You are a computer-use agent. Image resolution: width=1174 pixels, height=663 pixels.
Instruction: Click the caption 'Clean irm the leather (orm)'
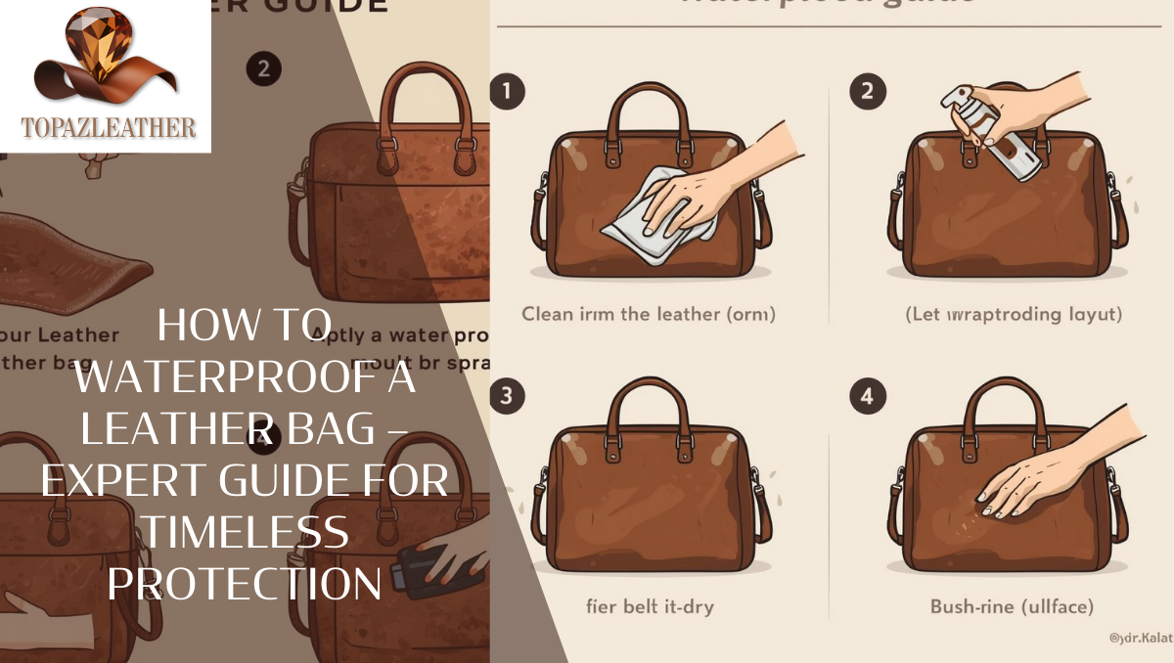pos(649,315)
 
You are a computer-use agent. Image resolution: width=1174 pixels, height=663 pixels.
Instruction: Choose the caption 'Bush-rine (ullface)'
pos(1012,606)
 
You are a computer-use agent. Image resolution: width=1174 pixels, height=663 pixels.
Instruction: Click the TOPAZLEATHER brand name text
pos(108,127)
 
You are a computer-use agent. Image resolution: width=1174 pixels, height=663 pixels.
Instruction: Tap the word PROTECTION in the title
pos(244,584)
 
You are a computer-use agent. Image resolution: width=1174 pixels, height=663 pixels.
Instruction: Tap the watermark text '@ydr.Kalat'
pos(1140,638)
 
